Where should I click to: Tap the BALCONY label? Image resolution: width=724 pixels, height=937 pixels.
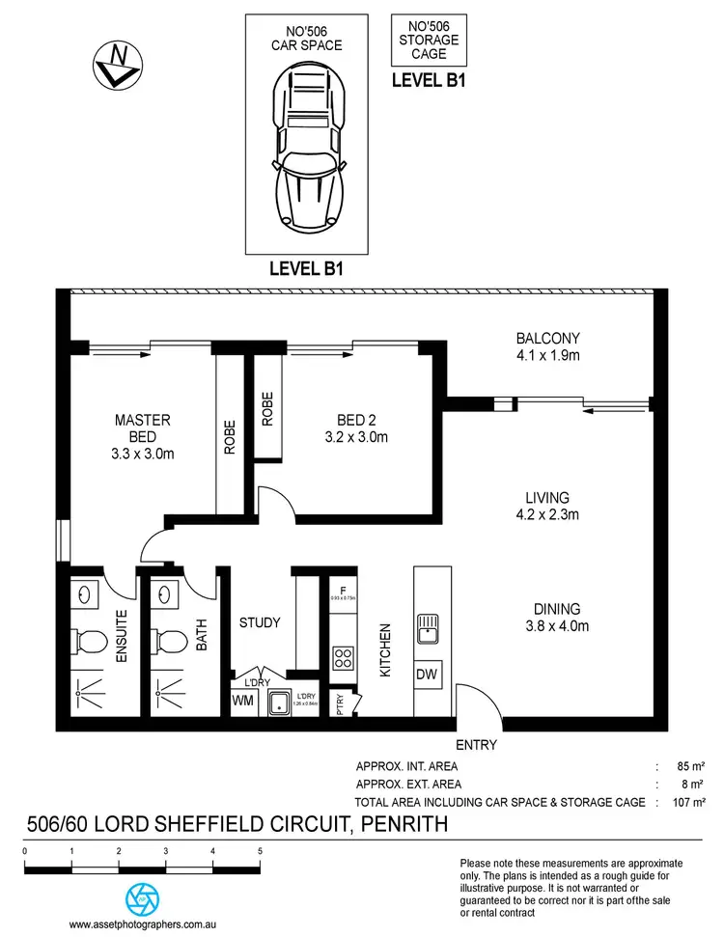point(547,339)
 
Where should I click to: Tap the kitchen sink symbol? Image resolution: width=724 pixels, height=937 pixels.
point(427,630)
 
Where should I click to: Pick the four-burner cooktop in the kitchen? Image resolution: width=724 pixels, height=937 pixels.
point(342,659)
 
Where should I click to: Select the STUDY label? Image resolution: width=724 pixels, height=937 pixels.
point(260,622)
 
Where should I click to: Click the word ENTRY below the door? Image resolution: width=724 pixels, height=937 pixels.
point(475,745)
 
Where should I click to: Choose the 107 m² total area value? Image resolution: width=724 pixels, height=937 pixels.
point(691,801)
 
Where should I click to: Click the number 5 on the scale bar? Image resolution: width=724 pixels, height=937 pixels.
point(260,851)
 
